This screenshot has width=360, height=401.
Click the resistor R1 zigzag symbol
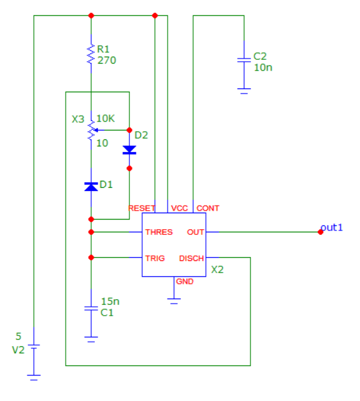[x=91, y=54]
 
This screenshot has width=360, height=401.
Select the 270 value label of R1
[x=107, y=60]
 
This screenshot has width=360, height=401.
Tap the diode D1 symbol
[x=91, y=186]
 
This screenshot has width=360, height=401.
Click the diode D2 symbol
[x=129, y=150]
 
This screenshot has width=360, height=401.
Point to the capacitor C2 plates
[x=244, y=60]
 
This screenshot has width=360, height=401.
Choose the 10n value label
[x=263, y=67]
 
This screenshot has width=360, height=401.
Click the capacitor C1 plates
[x=91, y=309]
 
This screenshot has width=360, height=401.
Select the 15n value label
[x=110, y=302]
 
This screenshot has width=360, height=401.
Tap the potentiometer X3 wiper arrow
[x=99, y=130]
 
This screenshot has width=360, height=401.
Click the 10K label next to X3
[x=106, y=118]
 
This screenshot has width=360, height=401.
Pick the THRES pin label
[x=159, y=232]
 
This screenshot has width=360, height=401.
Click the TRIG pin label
[x=155, y=258]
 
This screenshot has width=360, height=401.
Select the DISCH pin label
[x=191, y=258]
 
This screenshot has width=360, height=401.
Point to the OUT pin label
[x=196, y=232]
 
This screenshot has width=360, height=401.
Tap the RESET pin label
[x=141, y=208]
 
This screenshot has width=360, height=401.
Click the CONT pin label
[x=208, y=208]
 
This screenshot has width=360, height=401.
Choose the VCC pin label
[x=180, y=208]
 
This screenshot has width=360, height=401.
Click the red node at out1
[x=320, y=232]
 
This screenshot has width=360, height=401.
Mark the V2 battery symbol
[x=34, y=346]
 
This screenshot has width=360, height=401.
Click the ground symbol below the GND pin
[x=174, y=301]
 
